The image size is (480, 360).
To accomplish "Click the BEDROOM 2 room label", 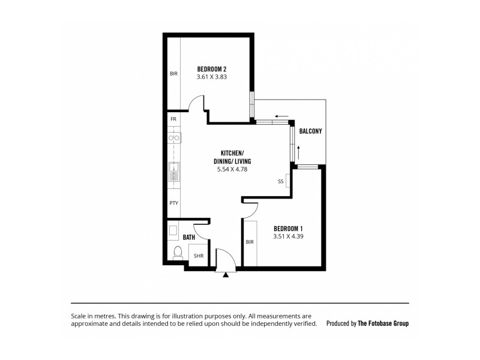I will (x=211, y=68).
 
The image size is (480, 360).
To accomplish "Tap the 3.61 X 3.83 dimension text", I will (x=211, y=77).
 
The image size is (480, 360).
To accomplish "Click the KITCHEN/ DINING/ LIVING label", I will (x=232, y=158).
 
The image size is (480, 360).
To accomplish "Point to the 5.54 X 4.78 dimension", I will (x=232, y=170).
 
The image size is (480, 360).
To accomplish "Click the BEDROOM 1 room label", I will (x=288, y=228).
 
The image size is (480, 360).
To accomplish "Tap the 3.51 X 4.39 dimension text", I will (x=288, y=236).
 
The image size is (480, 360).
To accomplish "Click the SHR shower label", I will (x=197, y=256).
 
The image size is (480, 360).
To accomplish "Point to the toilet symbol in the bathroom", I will (x=177, y=253).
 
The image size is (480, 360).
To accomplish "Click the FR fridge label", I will (x=173, y=119).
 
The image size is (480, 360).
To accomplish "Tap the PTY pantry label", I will (x=173, y=203).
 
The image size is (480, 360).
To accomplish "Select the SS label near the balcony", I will (x=280, y=181).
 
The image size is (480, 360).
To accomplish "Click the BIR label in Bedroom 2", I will (x=173, y=74).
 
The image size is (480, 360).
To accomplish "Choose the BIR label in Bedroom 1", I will (x=250, y=242).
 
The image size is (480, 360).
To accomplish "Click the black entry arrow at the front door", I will (x=226, y=275).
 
